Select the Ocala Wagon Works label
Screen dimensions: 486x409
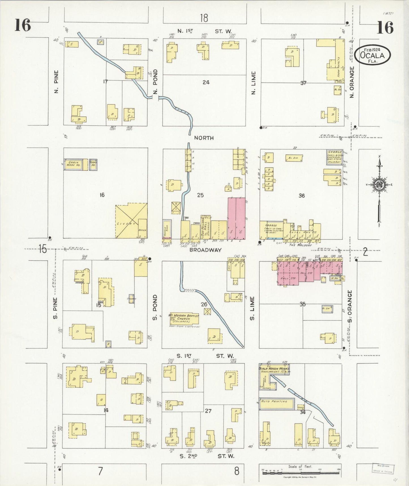click(274, 369)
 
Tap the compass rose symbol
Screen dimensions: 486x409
click(379, 184)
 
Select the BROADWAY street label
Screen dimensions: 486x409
click(205, 250)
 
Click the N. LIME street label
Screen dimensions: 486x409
click(253, 83)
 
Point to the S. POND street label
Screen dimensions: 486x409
click(155, 307)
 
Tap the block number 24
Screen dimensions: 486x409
click(206, 83)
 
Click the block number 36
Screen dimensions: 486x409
click(301, 196)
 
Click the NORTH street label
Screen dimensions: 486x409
click(204, 138)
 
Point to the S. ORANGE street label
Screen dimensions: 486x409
click(350, 306)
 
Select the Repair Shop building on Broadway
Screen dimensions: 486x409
click(167, 229)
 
